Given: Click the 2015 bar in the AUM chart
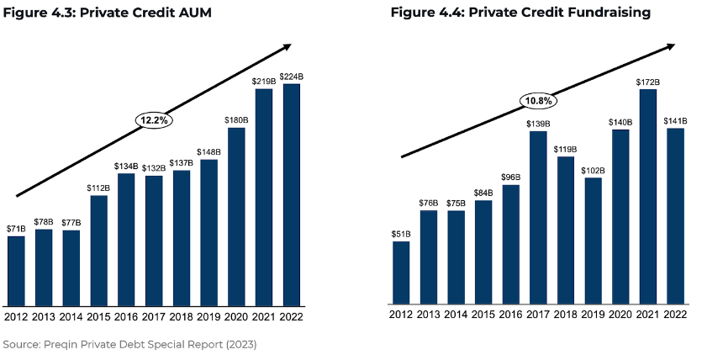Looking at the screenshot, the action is [99, 251].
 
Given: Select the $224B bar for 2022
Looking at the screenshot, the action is [292, 195].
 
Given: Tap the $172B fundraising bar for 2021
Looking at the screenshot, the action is [648, 197].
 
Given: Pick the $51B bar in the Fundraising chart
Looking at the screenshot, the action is [401, 273].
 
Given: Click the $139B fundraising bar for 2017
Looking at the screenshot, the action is [538, 218].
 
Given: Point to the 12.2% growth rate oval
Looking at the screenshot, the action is [154, 120].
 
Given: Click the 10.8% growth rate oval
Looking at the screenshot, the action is [539, 101].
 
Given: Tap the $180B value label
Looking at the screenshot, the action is [236, 120].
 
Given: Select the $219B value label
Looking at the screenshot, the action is [264, 82].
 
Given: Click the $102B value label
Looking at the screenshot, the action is [593, 170].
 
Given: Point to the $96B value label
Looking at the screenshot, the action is [511, 177].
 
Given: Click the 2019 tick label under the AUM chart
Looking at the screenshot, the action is [208, 317].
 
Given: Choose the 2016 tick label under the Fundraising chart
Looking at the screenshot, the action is [511, 315].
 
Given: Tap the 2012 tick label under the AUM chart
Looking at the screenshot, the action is [17, 317].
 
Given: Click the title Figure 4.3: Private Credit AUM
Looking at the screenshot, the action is [108, 13].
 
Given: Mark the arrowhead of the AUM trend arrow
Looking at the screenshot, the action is [287, 46].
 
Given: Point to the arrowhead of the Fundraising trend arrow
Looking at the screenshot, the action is [670, 46].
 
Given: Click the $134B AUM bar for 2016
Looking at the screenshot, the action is [126, 240].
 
